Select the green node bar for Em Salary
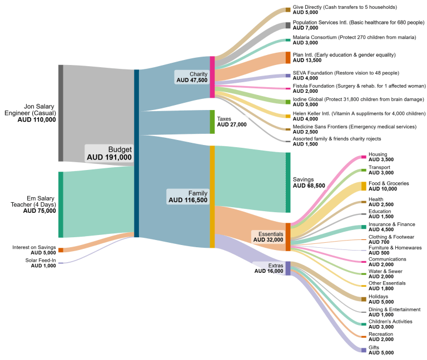tap(61, 204)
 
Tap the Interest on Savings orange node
tap(61, 250)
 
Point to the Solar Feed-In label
tap(40, 263)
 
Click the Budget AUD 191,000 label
tap(109, 153)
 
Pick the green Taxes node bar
tap(212, 122)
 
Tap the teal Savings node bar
tap(288, 182)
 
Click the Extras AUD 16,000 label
tap(269, 268)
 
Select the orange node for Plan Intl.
tap(288, 58)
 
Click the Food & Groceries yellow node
tap(364, 186)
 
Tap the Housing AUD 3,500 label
tap(381, 157)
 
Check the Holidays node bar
tap(364, 299)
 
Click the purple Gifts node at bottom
tap(364, 350)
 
